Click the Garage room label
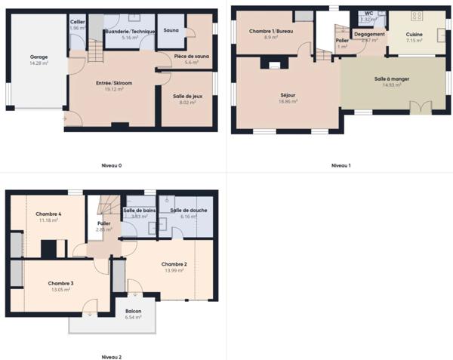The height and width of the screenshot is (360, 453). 39,57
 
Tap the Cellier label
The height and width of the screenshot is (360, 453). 78,22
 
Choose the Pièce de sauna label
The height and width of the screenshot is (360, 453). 191,56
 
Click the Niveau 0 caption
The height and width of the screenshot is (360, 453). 111,165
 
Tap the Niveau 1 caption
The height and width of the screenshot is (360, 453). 341,165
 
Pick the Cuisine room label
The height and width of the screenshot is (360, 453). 414,34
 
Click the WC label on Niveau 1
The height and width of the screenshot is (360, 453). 368,14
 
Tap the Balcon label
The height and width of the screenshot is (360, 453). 134,311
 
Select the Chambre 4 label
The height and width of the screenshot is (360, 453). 48,214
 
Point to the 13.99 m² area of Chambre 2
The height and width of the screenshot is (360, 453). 174,270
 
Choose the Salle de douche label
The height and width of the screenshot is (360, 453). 187,210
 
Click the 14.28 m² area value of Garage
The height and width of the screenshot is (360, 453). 39,63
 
